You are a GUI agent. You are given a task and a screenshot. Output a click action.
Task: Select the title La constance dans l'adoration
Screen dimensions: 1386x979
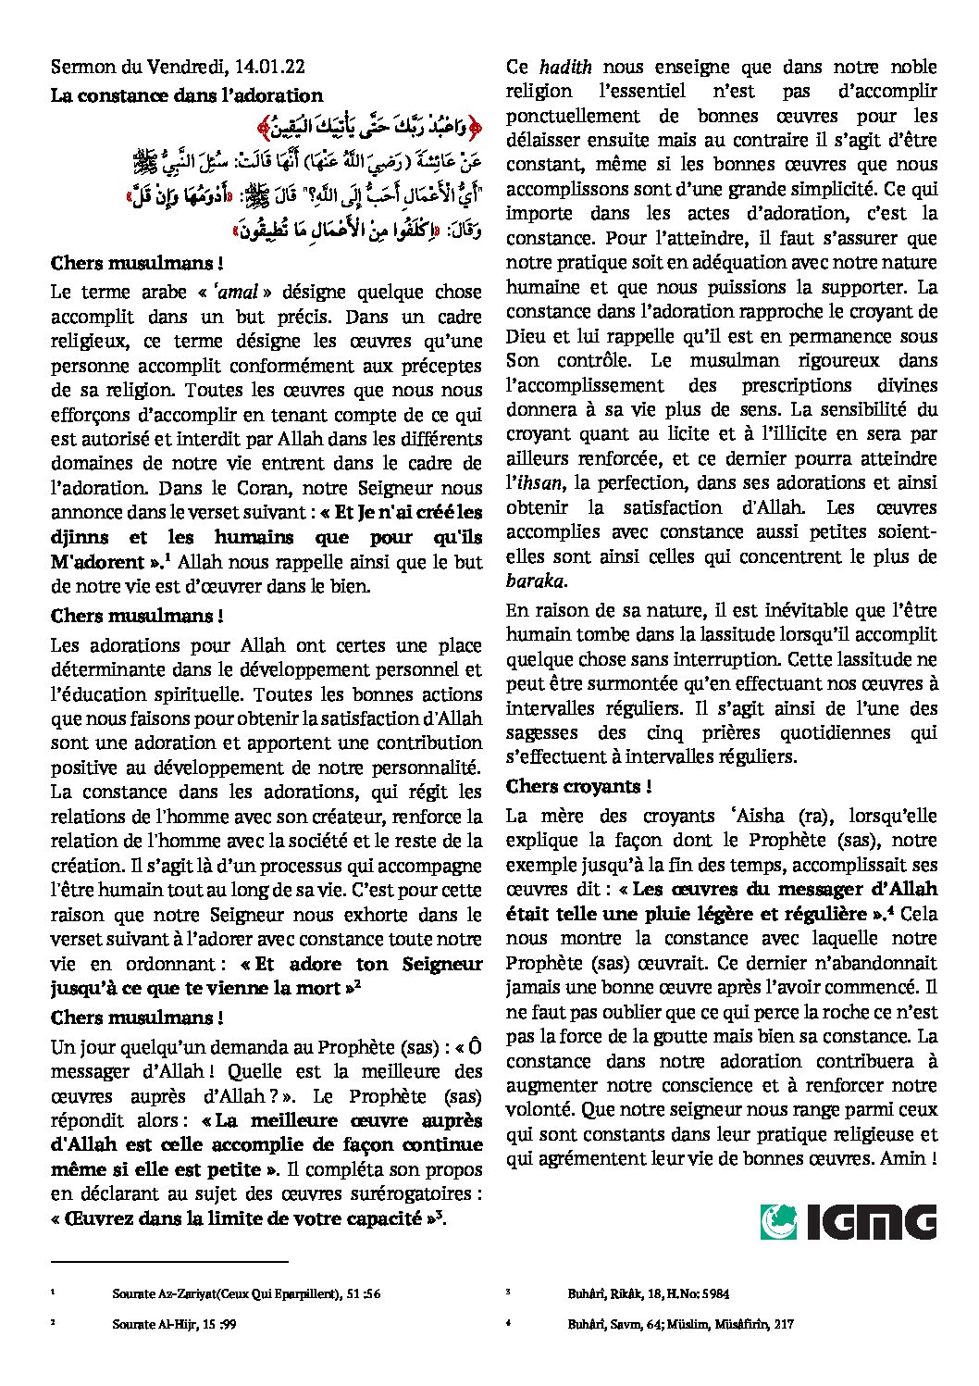coord(187,95)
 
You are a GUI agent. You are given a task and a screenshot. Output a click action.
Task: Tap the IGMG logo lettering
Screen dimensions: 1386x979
coord(872,1222)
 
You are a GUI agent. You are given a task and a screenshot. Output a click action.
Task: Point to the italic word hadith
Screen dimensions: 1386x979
coord(565,67)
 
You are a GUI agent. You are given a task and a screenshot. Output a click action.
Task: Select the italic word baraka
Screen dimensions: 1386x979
coord(535,581)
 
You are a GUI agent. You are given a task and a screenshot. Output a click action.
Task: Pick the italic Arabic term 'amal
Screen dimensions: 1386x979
coord(236,292)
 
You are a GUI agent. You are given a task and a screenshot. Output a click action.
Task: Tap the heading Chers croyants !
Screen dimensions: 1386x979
coord(578,786)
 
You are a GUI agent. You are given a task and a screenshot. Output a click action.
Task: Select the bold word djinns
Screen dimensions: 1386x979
coord(80,537)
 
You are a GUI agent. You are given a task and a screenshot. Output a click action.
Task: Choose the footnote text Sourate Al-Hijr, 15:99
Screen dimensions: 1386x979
coord(174,1324)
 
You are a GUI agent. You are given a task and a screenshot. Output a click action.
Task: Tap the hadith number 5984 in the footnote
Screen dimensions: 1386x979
coord(713,1293)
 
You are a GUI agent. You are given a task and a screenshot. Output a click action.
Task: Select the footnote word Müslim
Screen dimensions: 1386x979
coord(685,1324)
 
